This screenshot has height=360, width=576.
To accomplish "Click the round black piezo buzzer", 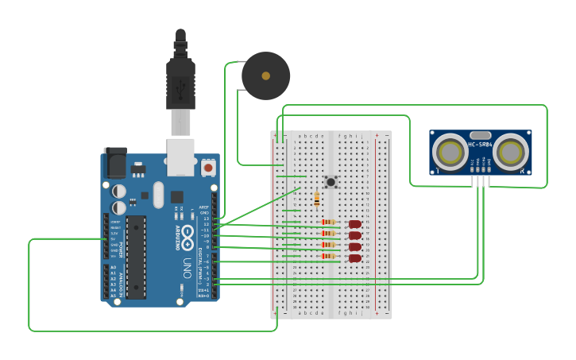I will point(265,76).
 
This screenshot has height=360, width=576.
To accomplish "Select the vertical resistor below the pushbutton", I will point(317,199).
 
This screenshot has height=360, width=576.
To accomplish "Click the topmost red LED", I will point(354,223).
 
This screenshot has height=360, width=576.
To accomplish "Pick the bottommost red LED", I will point(354,258).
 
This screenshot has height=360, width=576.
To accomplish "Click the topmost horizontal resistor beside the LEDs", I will point(327,223).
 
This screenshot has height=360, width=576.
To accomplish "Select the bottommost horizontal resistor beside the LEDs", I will point(327,257).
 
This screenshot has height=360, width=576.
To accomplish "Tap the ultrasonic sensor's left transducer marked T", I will point(450,151).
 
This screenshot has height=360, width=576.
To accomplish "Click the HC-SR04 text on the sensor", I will point(480,145).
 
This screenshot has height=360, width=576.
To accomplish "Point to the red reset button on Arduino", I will point(208,167).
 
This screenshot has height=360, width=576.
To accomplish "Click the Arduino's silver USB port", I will point(180,157).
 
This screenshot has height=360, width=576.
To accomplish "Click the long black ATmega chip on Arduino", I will point(136,257).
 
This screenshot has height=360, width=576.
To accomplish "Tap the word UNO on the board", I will point(187,263).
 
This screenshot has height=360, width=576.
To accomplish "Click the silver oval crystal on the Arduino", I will point(157,194).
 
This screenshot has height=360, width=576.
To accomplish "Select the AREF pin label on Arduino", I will point(203,207).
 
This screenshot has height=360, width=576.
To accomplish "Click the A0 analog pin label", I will point(113,268).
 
